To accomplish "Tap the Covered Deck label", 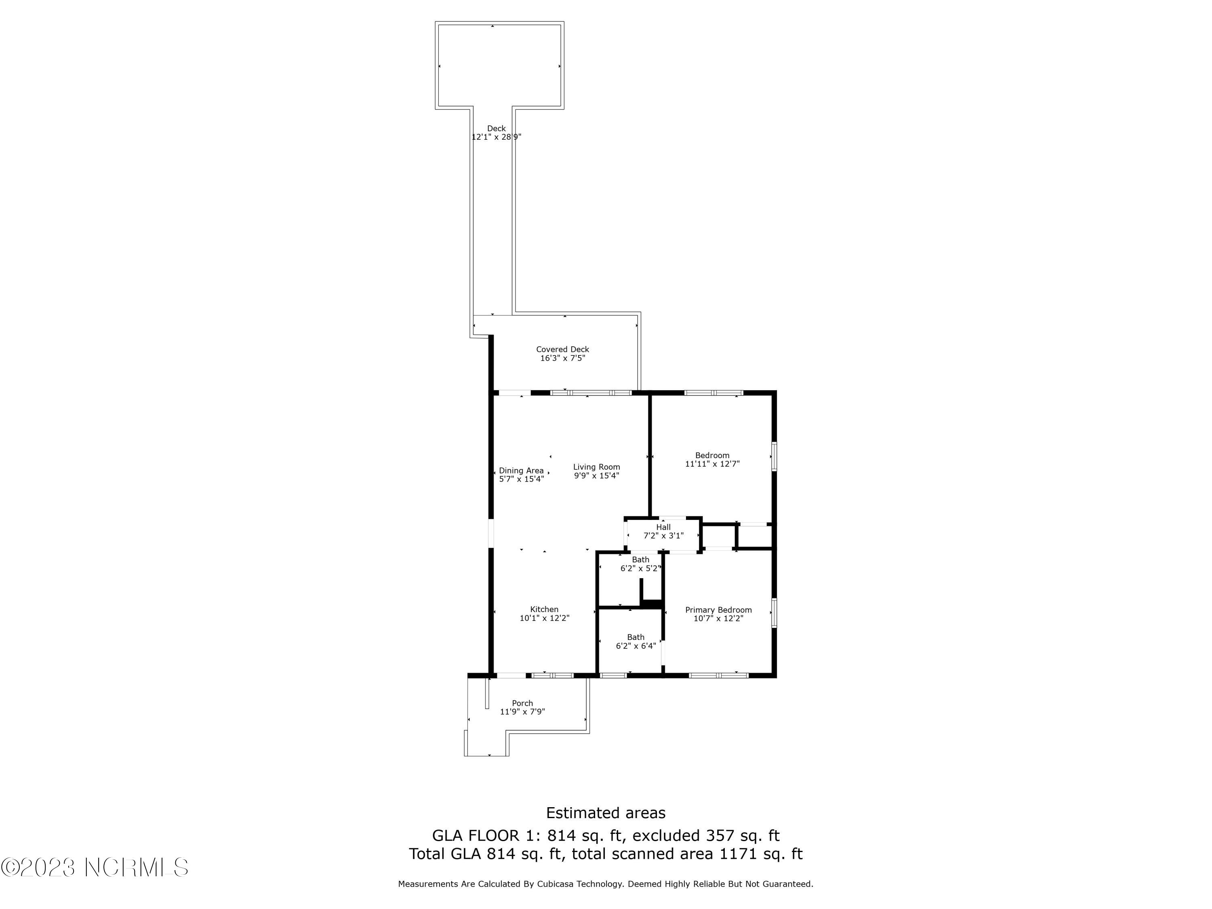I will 562,349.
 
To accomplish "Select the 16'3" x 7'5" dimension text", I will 562,358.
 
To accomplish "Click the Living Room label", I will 596,467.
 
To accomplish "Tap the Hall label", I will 663,528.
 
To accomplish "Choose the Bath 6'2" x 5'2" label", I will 640,560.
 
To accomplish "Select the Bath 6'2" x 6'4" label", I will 635,637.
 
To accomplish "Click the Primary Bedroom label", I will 718,610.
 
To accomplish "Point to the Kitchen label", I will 544,609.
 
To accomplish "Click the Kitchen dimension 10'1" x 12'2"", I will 544,618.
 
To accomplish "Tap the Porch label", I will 522,703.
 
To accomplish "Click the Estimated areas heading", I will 606,812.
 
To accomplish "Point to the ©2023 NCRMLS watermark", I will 94,867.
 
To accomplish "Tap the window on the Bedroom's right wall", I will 774,457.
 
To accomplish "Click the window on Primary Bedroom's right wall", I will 774,612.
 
